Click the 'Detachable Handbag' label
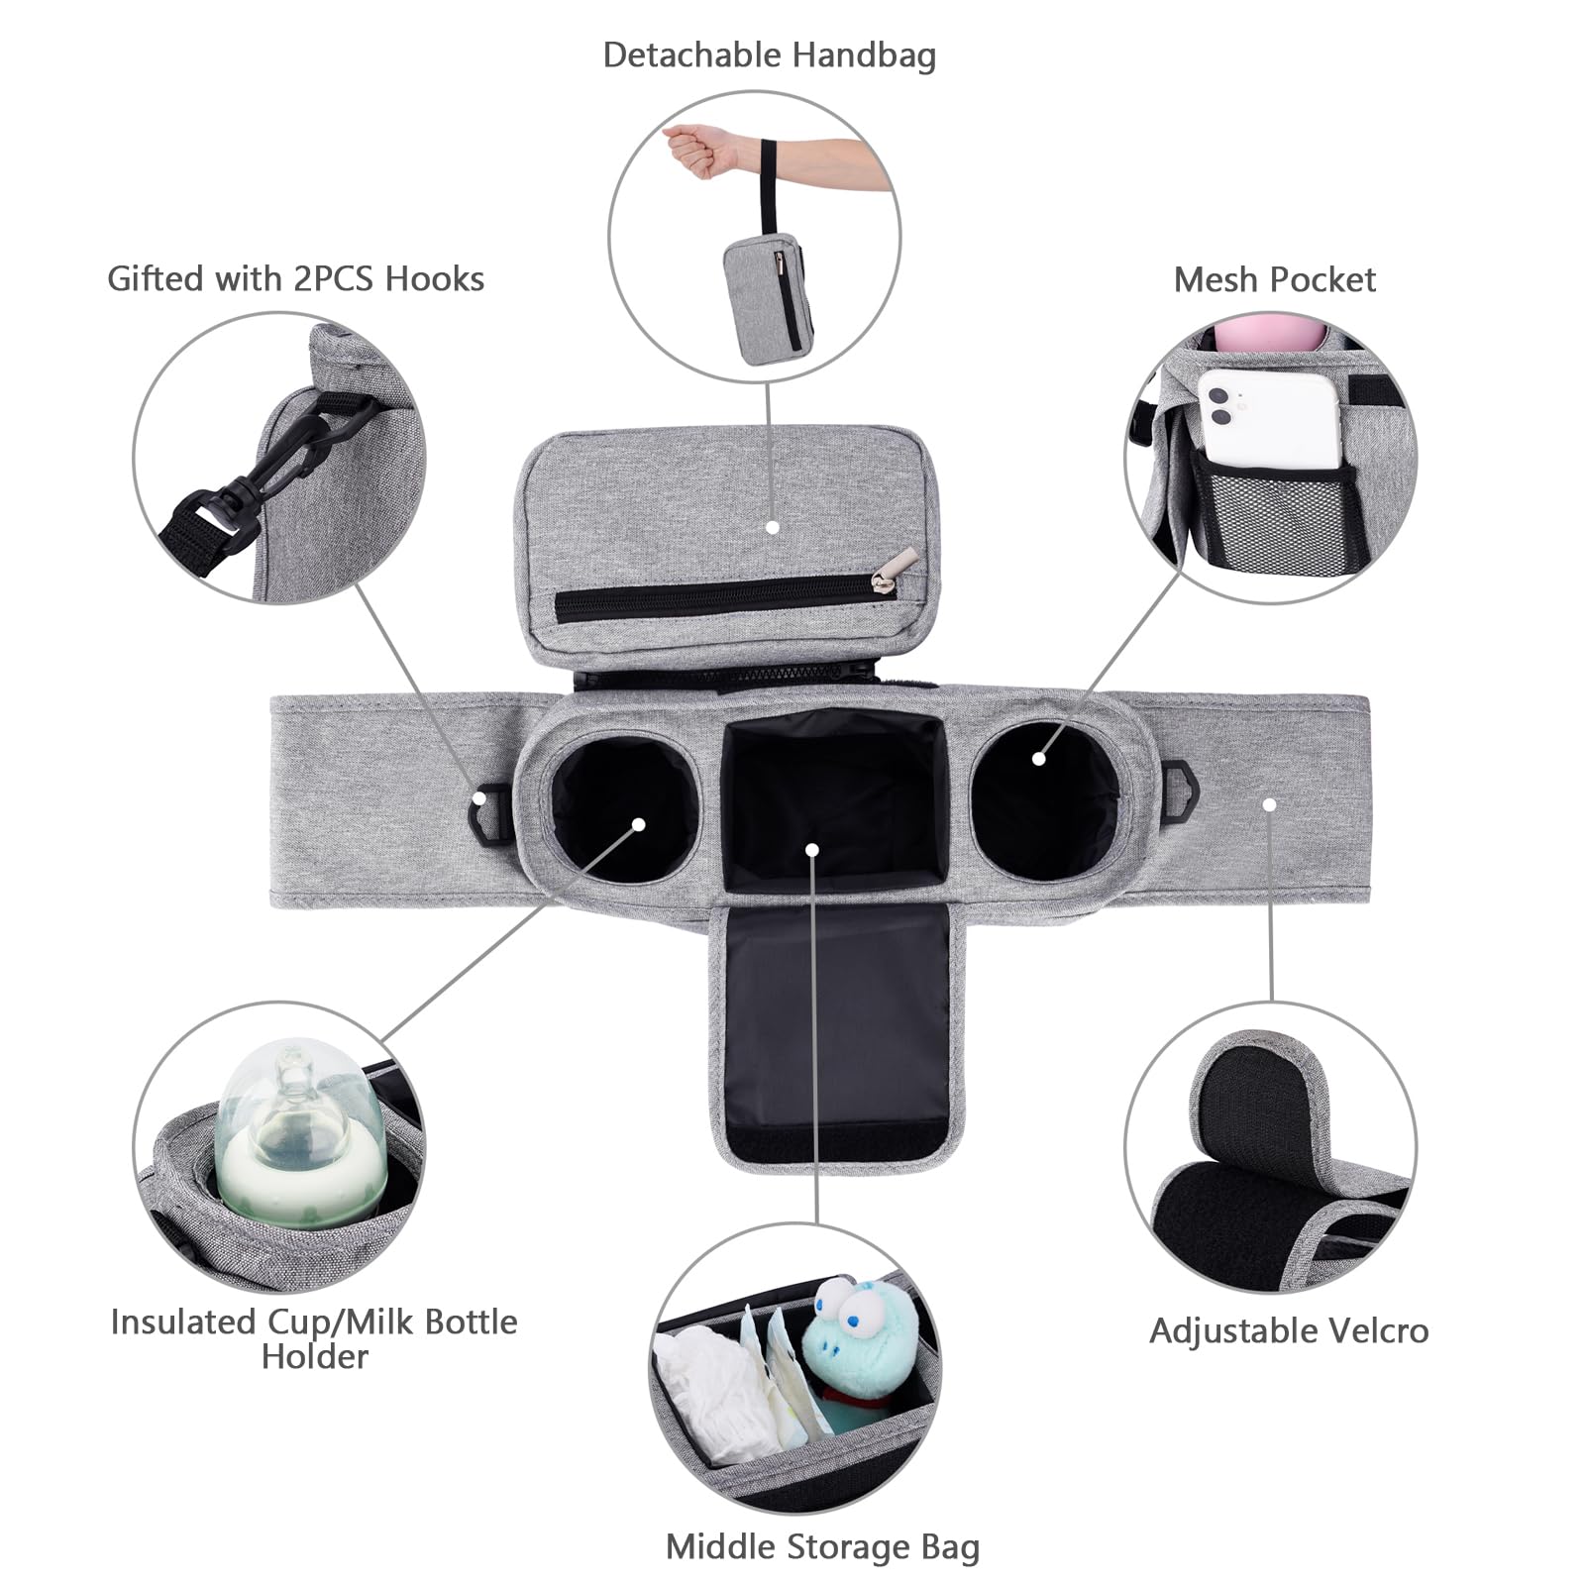[x=769, y=55]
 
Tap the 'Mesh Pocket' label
[x=1274, y=280]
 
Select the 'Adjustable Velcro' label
[x=1289, y=1330]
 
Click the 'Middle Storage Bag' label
[x=822, y=1546]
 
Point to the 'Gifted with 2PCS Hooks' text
[x=295, y=279]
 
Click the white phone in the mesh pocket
[x=1269, y=421]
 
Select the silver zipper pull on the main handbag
[x=884, y=583]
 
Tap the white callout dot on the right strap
[x=1269, y=804]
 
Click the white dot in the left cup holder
[x=639, y=824]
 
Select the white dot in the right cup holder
[x=1038, y=759]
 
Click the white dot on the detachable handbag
[x=773, y=528]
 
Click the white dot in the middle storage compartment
[x=812, y=850]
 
